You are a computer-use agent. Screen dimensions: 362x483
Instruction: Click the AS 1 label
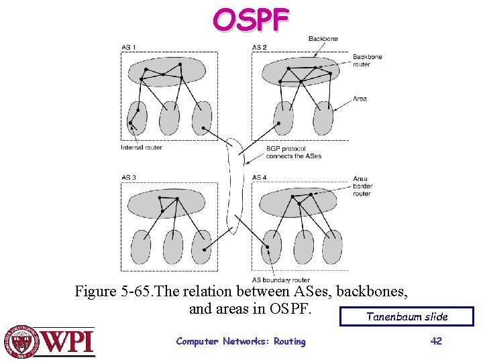point(129,47)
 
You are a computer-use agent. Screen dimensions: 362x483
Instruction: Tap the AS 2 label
point(260,47)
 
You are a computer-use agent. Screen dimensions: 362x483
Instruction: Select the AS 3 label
point(129,178)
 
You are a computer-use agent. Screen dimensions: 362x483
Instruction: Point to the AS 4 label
point(260,178)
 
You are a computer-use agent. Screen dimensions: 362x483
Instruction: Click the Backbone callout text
point(323,39)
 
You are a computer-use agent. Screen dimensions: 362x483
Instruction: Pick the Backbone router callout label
point(367,60)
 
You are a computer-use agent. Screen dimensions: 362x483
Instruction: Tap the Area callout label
point(360,99)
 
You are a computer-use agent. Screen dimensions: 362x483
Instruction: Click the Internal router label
point(142,147)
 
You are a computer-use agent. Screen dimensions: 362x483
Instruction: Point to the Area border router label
point(362,186)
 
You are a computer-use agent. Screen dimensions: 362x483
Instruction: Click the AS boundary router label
point(281,280)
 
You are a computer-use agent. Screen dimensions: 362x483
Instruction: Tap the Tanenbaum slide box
point(407,316)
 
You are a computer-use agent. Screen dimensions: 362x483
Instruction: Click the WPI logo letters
point(68,341)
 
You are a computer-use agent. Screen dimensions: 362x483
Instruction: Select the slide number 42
point(436,341)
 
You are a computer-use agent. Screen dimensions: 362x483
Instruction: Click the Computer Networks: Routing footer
point(240,341)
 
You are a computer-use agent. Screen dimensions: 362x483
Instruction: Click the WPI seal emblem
point(22,342)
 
